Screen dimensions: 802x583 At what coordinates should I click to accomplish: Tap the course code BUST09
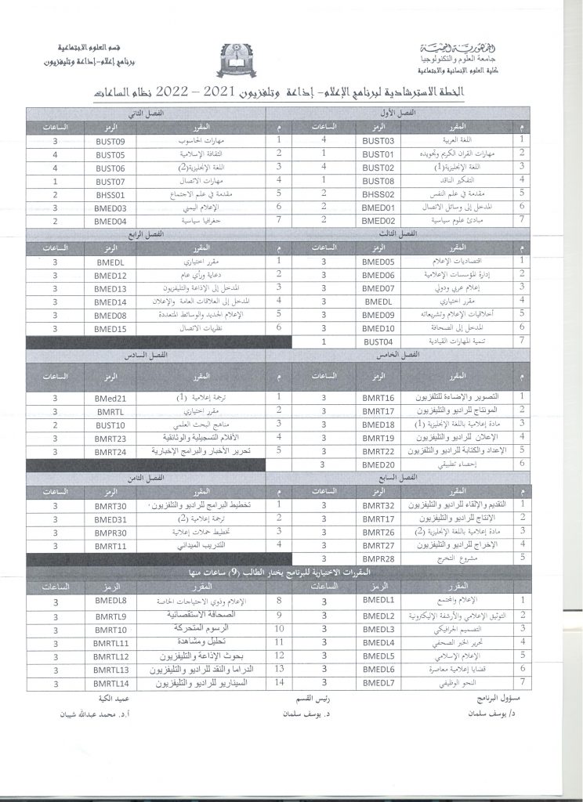click(111, 141)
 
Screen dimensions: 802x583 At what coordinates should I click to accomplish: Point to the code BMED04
click(111, 221)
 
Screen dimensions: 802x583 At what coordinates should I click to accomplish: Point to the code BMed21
click(110, 398)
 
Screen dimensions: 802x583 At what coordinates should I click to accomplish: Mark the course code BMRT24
click(110, 452)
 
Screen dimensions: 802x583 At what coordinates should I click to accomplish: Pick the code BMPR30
click(110, 532)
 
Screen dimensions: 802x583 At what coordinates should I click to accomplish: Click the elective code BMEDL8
click(110, 601)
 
